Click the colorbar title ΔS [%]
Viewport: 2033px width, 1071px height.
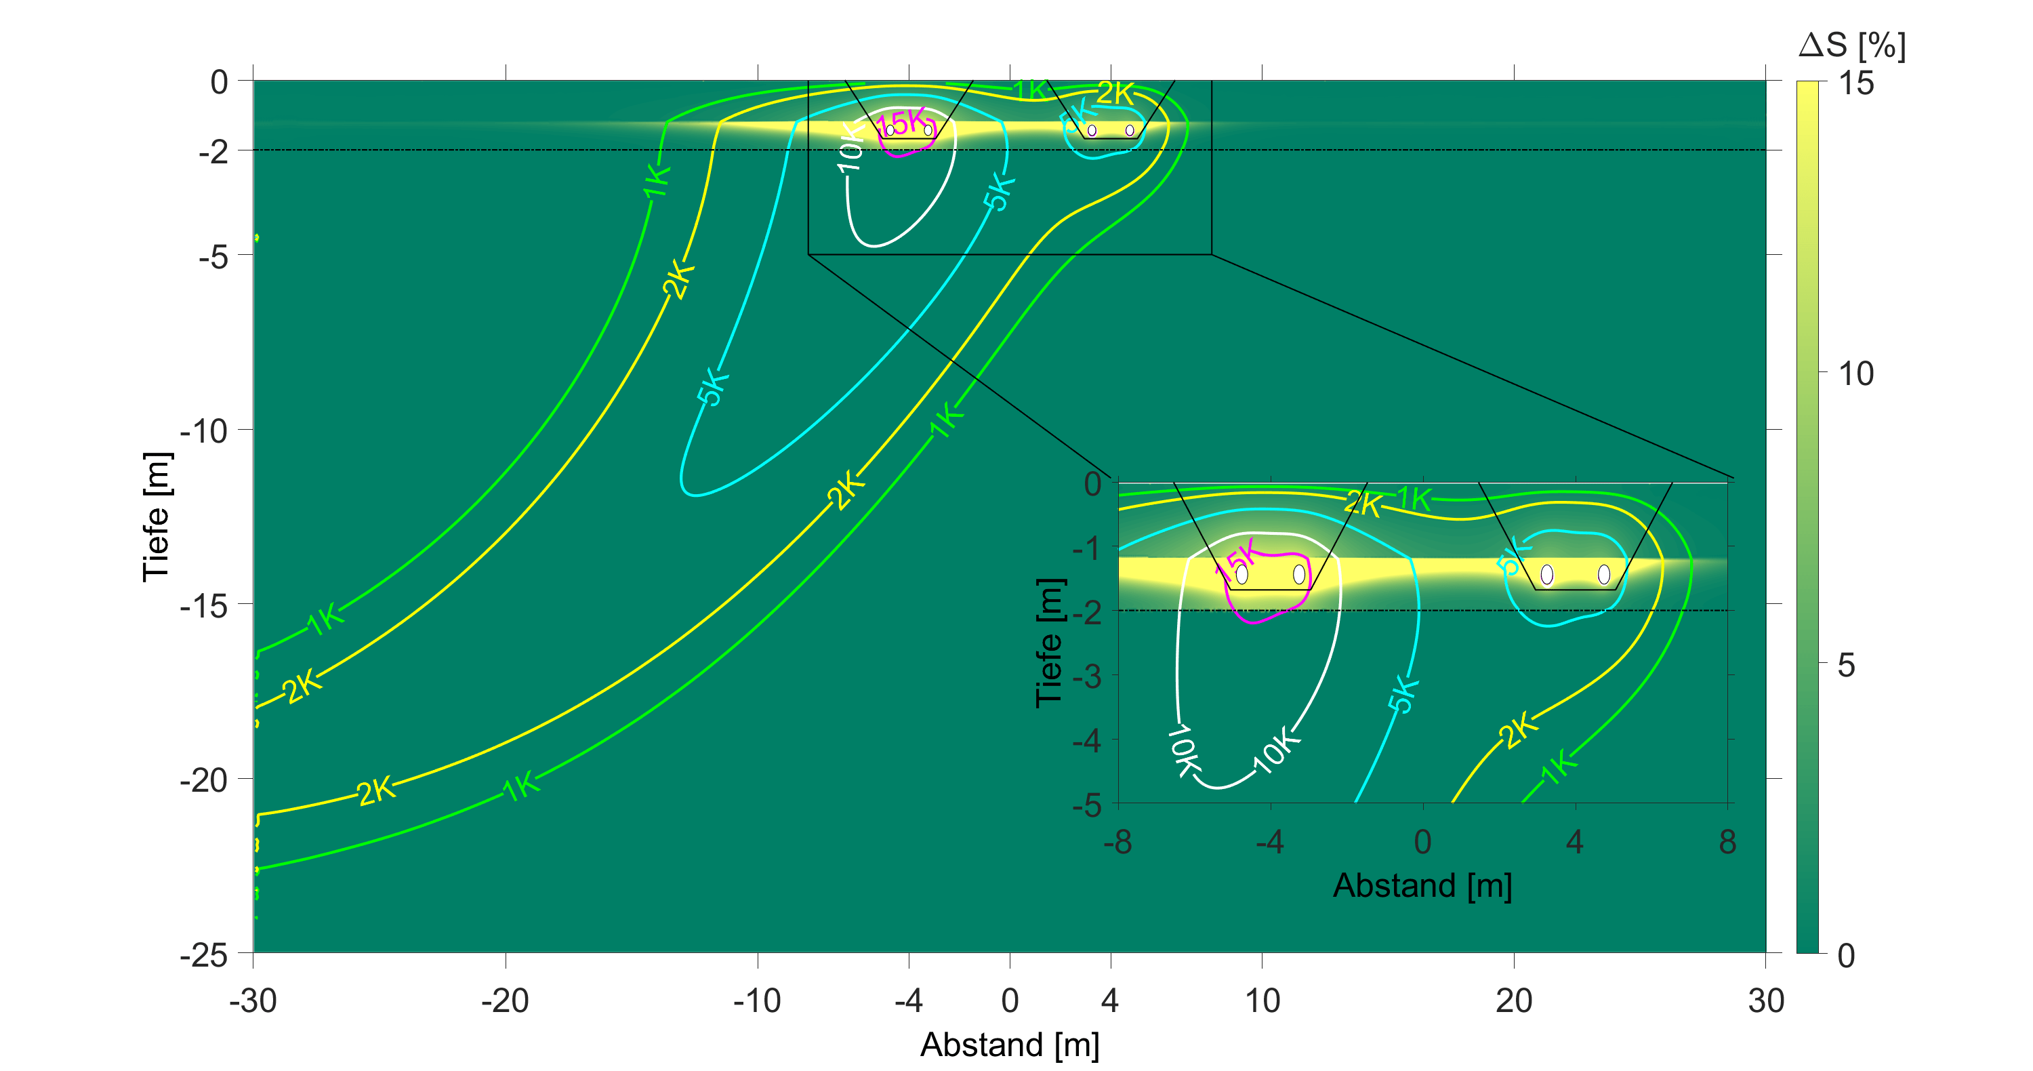[1851, 46]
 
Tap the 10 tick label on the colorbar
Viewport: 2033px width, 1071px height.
[1855, 373]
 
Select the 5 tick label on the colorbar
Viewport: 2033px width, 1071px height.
[1846, 666]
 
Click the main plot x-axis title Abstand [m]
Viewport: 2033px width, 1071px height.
[1010, 1044]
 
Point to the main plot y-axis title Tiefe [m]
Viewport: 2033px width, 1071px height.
[157, 517]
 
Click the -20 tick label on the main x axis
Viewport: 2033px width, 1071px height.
[504, 1001]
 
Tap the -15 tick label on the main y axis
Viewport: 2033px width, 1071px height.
[203, 606]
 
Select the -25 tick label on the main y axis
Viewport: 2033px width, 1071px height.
[203, 955]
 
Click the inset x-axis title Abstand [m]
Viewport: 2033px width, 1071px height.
[1422, 885]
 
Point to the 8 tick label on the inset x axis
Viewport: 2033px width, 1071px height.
[1727, 842]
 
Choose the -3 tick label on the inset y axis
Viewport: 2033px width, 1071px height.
[1087, 676]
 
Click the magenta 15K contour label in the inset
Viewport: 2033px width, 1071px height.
[1235, 559]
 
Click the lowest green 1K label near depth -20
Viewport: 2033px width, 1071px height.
[522, 787]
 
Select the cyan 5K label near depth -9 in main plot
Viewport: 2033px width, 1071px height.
[713, 387]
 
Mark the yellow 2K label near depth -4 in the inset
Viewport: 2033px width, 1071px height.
[1517, 730]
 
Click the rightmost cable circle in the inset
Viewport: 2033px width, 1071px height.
[1603, 573]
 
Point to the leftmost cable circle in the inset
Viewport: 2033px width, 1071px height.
[1241, 573]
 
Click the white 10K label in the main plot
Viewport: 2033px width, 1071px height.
[850, 148]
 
